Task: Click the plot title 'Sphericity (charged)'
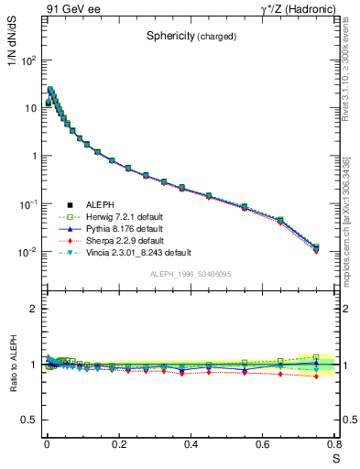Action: pos(191,37)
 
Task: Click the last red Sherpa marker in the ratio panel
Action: pos(316,376)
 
